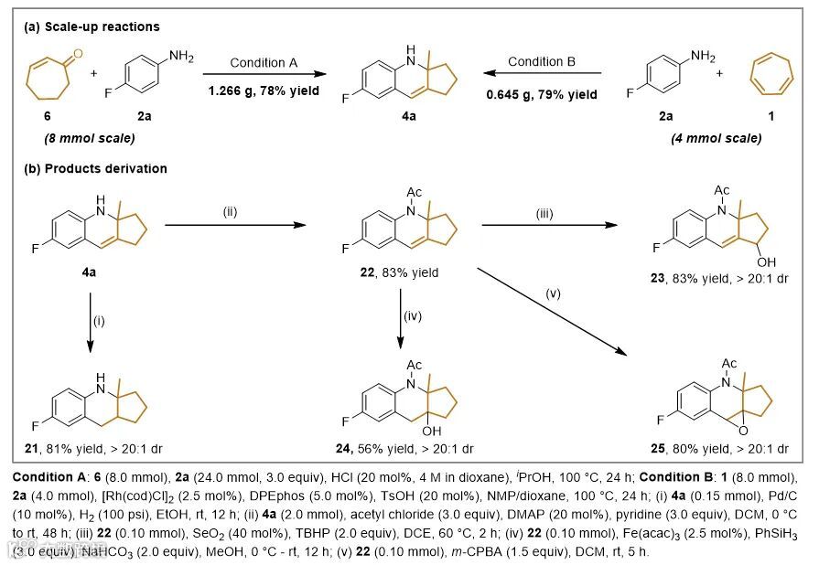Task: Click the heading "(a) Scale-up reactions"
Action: [x=92, y=27]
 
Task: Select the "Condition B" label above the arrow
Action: [x=541, y=62]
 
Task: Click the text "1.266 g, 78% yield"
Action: [x=264, y=91]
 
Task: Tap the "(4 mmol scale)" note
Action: [x=720, y=139]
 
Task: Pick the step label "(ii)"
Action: [x=230, y=213]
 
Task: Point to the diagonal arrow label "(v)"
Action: [x=551, y=293]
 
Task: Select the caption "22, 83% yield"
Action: [x=402, y=272]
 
